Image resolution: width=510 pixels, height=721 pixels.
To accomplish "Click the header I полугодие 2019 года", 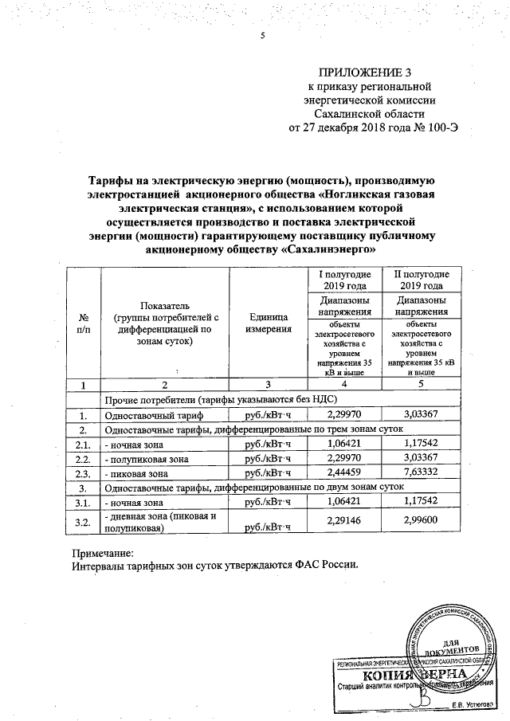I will point(345,280).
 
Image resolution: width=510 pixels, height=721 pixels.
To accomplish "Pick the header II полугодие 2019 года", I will point(421,280).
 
